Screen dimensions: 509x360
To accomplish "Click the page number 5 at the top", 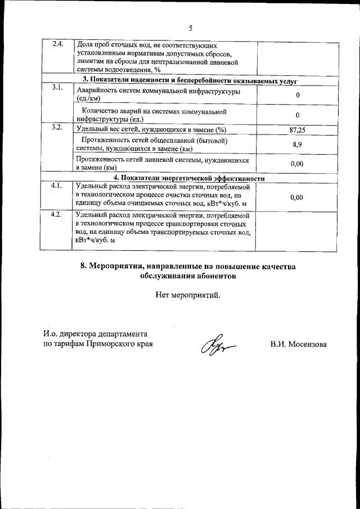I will tap(191, 28).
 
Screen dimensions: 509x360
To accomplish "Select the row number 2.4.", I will tap(57, 44).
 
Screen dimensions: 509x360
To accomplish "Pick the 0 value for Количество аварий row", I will tap(297, 115).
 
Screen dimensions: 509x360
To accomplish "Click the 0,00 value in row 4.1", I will tap(296, 197).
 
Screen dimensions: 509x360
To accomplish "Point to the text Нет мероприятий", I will tap(189, 295).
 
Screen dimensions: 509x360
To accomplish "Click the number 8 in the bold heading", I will tap(83, 267).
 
